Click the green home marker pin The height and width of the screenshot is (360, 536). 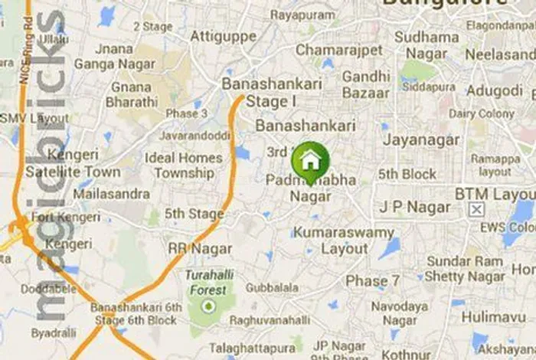click(310, 161)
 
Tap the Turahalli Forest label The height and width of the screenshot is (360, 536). click(205, 282)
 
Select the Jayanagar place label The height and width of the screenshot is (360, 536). click(421, 140)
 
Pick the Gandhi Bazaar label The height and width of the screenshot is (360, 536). click(366, 84)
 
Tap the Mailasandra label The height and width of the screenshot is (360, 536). click(112, 193)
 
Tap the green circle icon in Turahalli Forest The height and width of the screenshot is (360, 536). click(206, 306)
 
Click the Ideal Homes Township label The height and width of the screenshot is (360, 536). click(184, 165)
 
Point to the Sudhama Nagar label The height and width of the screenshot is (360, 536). click(427, 44)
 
